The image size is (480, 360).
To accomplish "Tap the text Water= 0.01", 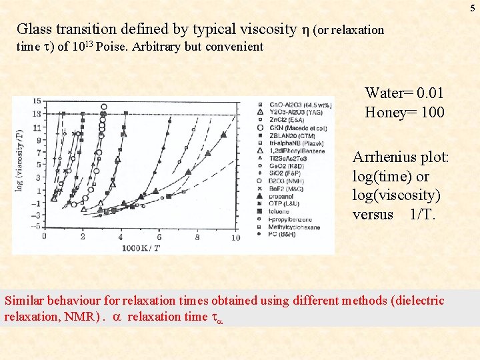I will [x=404, y=93].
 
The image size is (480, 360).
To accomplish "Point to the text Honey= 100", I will [x=404, y=112].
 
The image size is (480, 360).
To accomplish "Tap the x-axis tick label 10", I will [x=235, y=238].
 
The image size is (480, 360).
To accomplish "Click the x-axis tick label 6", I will [x=159, y=238].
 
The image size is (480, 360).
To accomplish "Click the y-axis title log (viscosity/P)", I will [x=19, y=160].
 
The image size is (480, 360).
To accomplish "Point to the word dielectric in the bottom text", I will [x=415, y=301].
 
